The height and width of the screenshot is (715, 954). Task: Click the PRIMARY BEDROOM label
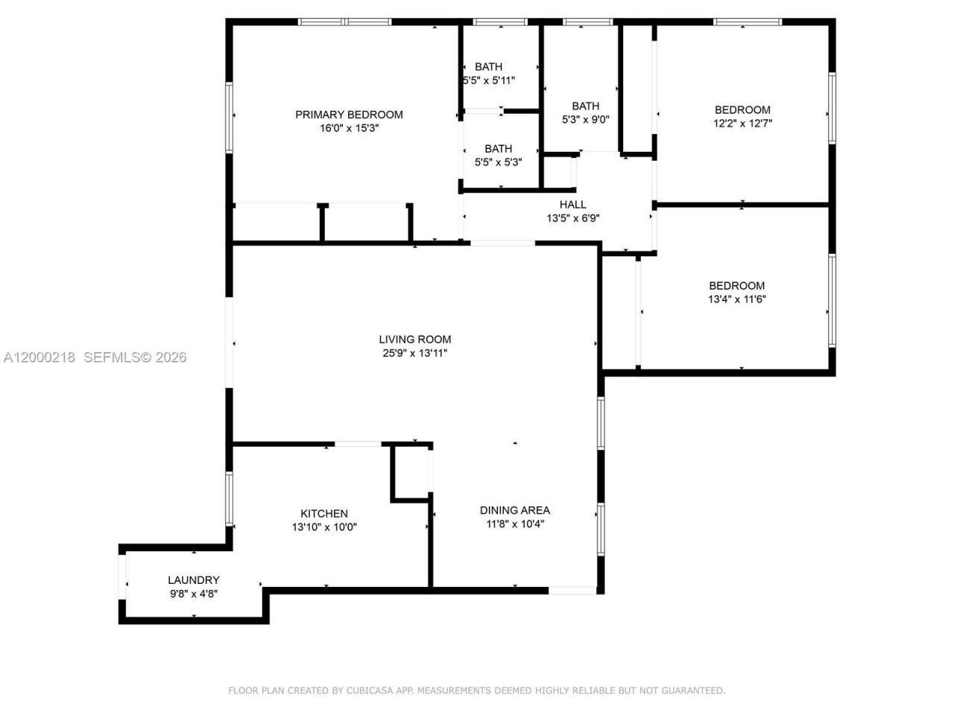click(349, 115)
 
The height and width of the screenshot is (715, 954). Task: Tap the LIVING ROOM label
click(414, 340)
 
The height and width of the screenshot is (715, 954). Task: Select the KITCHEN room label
click(324, 514)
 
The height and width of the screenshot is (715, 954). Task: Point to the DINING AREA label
click(514, 510)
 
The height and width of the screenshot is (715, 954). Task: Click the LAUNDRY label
click(194, 580)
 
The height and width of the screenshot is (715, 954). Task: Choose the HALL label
click(572, 205)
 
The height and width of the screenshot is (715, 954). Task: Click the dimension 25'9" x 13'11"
click(414, 354)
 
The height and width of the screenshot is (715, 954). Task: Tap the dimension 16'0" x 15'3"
click(349, 128)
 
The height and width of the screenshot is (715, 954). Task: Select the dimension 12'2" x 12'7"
click(742, 124)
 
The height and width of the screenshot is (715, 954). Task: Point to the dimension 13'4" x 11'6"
click(736, 299)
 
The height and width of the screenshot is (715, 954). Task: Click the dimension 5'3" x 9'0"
click(586, 119)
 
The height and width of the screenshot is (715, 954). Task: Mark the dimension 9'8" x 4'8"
click(194, 594)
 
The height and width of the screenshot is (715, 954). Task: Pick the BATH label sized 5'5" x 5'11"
click(488, 67)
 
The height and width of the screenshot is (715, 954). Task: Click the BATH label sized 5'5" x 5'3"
click(498, 149)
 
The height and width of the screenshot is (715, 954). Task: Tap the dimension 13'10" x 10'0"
click(324, 527)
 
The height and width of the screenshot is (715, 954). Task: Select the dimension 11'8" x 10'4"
click(514, 524)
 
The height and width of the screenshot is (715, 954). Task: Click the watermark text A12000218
click(39, 357)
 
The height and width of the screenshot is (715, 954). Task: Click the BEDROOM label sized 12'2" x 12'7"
click(742, 110)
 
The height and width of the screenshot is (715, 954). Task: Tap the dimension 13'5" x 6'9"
click(572, 218)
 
